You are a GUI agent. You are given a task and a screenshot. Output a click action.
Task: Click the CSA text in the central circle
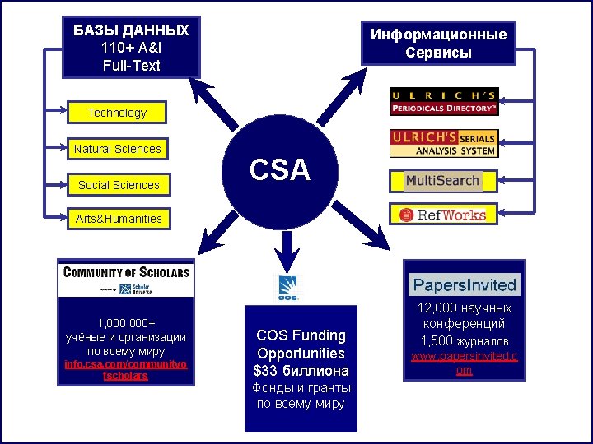pos(280,170)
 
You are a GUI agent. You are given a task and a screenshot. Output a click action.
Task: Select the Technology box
pos(117,113)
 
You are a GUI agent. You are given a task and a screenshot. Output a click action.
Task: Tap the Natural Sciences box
pos(117,149)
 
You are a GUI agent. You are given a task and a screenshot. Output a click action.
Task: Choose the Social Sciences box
pos(119,185)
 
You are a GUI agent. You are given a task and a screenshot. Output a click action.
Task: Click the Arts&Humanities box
pos(119,219)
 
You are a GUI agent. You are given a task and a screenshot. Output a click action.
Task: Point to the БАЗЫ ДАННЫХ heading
pos(131,30)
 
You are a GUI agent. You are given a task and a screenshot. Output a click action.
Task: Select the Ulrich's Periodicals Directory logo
pos(443,101)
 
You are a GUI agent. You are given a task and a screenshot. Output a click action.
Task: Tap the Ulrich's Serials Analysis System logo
pos(443,143)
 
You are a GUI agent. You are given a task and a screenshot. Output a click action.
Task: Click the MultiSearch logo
pos(441,180)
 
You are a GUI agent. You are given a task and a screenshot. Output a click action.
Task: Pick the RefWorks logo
pos(442,215)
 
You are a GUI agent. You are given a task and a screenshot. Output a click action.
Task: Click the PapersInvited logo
pos(465,285)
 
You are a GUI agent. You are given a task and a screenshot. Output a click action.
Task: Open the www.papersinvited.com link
pos(465,363)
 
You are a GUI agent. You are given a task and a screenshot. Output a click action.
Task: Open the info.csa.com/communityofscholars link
pos(125,369)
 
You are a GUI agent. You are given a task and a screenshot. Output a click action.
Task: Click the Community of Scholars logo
pos(125,279)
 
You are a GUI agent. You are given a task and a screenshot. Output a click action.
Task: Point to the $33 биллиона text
pos(301,371)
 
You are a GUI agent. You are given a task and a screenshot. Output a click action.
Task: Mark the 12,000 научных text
pos(465,308)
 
